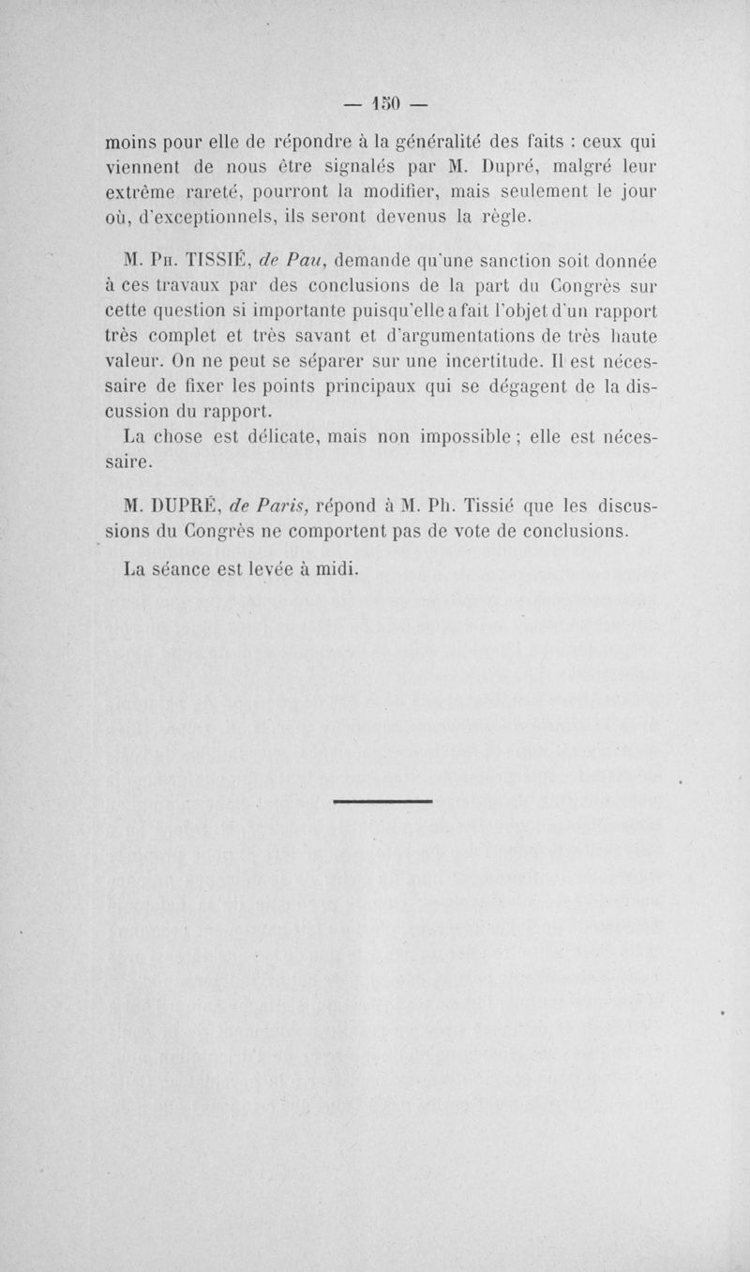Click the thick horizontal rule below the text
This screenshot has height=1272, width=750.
point(382,801)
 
